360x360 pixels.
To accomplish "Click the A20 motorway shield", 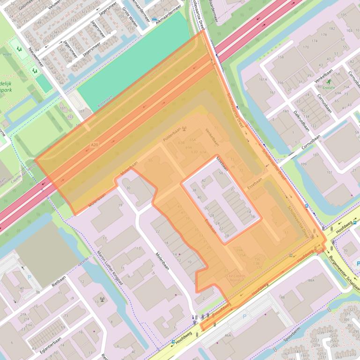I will point(95,145).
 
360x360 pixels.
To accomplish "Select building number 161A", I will point(263,79).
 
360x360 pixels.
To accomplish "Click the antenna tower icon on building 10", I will point(102,298).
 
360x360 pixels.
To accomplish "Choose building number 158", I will point(281,58).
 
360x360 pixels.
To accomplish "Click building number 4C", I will point(133,352).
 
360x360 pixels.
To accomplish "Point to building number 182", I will point(332,29).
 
